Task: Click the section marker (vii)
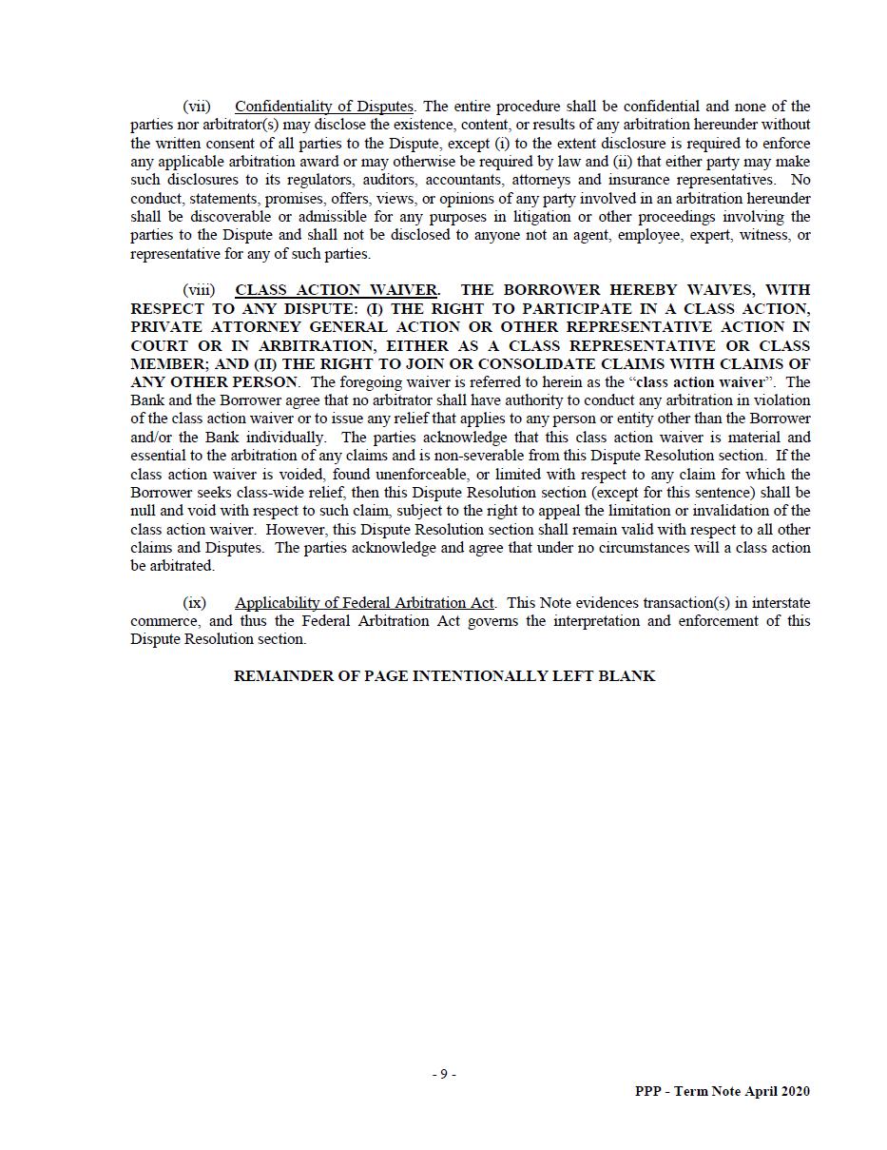point(197,107)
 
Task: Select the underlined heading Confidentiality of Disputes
point(323,107)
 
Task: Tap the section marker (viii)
point(199,290)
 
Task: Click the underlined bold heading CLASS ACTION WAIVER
point(337,290)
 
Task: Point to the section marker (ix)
point(194,603)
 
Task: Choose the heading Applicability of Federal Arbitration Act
point(364,603)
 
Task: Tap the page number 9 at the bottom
point(443,1075)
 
